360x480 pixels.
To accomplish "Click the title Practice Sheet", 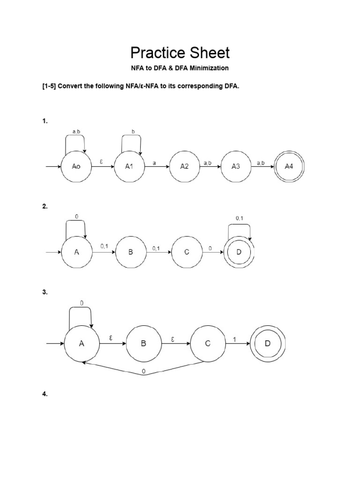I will point(180,52).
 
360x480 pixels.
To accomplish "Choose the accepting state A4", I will point(290,166).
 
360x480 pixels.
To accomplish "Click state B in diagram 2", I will point(131,252).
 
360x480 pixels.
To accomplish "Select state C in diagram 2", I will point(187,252).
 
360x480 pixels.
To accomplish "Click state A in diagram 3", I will point(82,344).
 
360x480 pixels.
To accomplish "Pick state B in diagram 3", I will point(143,344).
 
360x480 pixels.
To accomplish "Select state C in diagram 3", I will point(208,344).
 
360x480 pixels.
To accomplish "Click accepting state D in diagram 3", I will point(268,344).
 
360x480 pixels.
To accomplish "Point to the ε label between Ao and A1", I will point(101,161).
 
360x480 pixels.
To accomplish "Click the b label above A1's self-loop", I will point(133,132).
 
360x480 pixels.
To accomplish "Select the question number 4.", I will point(45,394).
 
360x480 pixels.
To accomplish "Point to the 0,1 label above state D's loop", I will point(239,217).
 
